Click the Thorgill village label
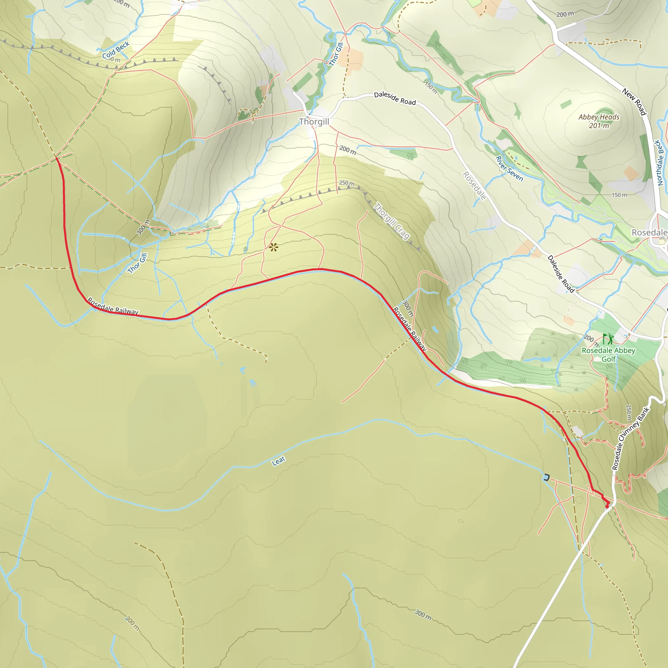[314, 122]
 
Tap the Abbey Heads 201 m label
[599, 121]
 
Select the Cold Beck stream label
[115, 50]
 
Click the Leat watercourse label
[278, 461]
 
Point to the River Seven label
[509, 168]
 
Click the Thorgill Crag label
[392, 221]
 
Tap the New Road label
[634, 102]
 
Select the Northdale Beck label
[660, 162]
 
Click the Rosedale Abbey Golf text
[608, 355]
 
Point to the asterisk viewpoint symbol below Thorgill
[273, 247]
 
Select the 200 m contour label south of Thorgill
[347, 150]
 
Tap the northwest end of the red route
[56, 158]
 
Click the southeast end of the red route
[607, 506]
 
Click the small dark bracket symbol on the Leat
[546, 478]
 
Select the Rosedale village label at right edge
[649, 232]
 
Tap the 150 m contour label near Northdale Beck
[619, 195]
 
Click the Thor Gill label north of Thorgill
[336, 54]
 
